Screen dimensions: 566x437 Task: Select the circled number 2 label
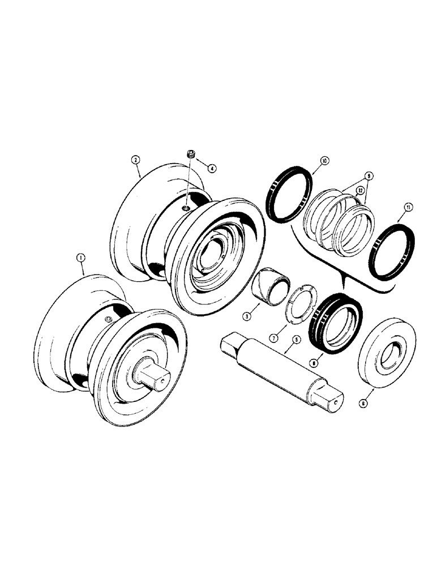(x=135, y=160)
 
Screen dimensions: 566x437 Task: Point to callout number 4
(x=211, y=168)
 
